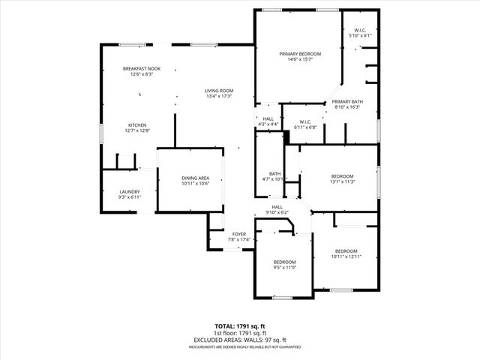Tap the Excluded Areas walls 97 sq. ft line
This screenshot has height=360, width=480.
pos(239,340)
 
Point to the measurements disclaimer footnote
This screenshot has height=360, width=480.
pos(239,346)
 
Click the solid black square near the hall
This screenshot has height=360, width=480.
pos(286,136)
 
